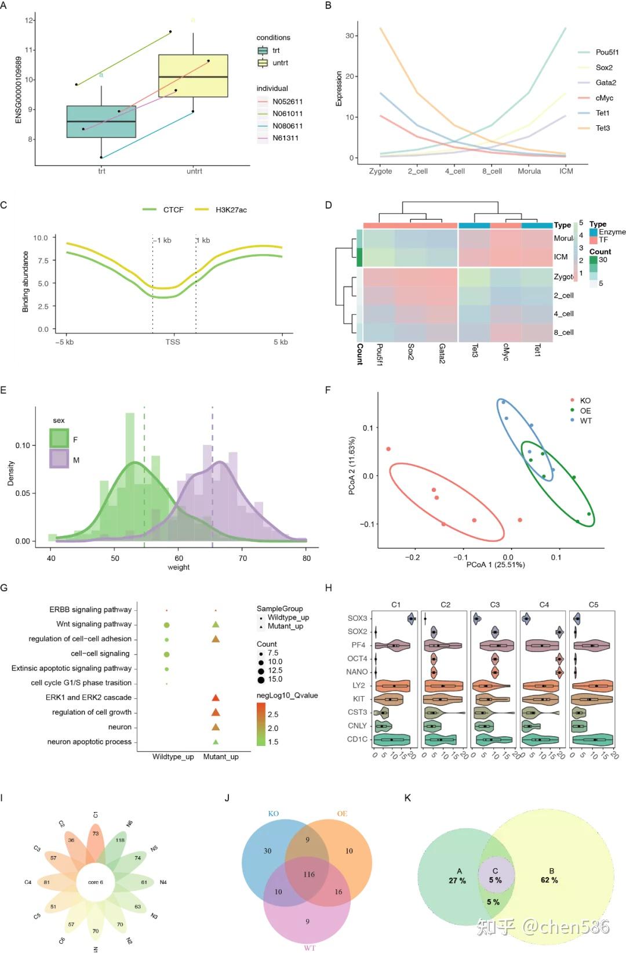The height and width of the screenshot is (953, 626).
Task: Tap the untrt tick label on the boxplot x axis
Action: click(x=194, y=171)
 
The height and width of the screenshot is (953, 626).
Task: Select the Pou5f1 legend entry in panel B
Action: click(x=607, y=52)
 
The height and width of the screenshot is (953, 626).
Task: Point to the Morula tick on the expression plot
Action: click(x=529, y=171)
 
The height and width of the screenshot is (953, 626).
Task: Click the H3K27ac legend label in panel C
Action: click(x=231, y=210)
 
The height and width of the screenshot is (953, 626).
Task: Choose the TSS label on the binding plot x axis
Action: click(x=173, y=342)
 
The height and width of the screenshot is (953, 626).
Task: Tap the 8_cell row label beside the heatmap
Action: click(x=563, y=332)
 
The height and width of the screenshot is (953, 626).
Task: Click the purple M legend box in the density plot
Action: click(x=59, y=459)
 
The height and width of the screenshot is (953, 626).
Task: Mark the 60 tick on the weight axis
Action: click(x=179, y=558)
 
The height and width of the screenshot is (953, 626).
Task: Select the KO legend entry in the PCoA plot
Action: click(x=585, y=401)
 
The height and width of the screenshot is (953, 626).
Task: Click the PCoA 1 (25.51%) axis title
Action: click(x=496, y=564)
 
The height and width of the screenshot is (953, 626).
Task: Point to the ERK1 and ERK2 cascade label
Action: click(x=89, y=697)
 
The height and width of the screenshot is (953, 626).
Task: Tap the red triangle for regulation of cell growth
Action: click(x=216, y=712)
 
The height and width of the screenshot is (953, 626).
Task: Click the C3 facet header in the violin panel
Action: click(x=494, y=604)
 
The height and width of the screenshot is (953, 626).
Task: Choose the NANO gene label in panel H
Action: click(x=357, y=672)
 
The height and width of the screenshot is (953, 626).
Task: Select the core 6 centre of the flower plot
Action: click(x=96, y=882)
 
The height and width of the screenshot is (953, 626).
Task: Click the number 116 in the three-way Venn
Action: click(x=309, y=874)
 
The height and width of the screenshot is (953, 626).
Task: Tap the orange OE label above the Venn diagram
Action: click(x=342, y=814)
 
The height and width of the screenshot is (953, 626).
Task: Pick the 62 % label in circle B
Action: click(x=549, y=880)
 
